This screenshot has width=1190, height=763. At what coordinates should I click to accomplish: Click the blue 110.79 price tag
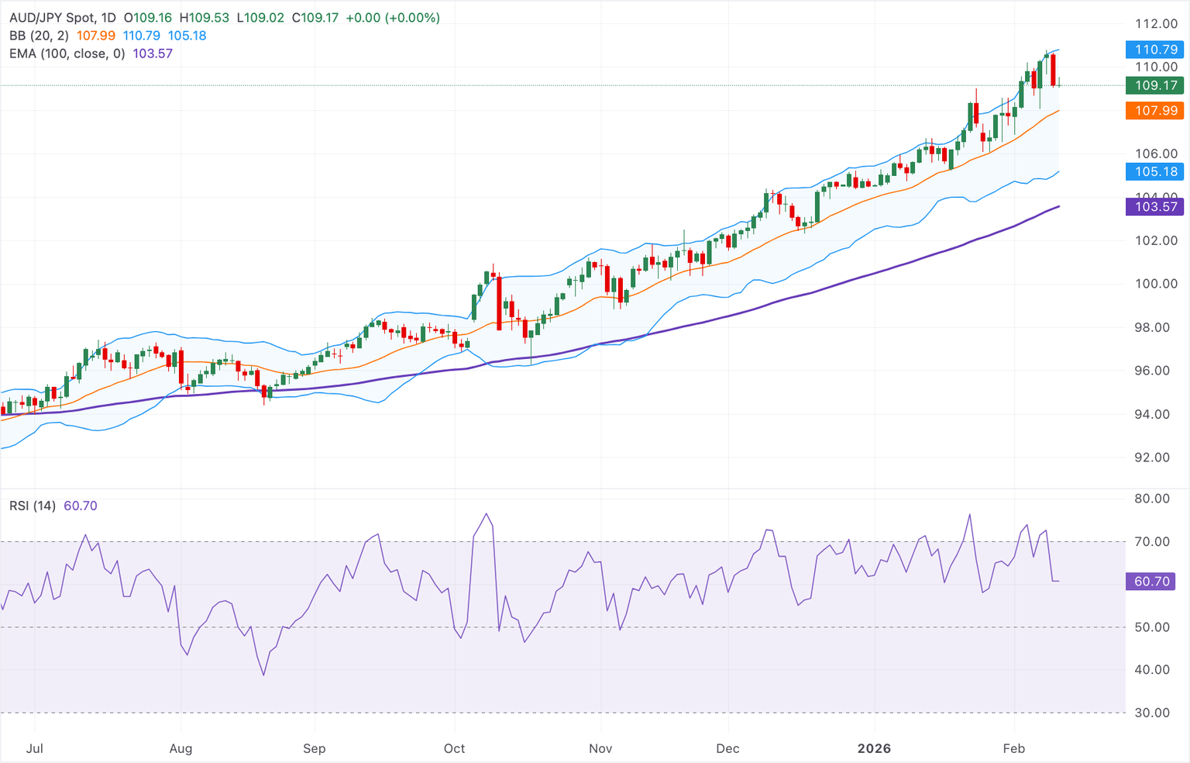click(1154, 50)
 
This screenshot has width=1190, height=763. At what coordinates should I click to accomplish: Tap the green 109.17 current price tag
click(1154, 85)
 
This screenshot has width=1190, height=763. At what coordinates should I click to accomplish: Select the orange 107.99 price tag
click(1154, 110)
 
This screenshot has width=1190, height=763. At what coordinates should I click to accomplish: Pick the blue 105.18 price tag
click(1154, 171)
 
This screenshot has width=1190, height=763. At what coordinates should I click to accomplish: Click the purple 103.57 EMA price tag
click(1154, 206)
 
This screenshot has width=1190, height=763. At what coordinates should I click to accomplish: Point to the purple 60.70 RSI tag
click(1150, 582)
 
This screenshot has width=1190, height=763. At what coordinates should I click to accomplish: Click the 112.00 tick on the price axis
click(1156, 24)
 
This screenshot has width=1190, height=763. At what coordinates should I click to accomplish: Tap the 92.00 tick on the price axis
click(1156, 457)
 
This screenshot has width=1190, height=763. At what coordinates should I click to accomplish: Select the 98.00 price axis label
click(1156, 327)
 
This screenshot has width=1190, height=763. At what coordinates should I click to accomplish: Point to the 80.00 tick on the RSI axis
click(1151, 499)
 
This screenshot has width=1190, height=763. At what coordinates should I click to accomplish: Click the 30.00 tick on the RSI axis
click(1151, 713)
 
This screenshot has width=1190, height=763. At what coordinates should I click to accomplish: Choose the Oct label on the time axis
click(455, 748)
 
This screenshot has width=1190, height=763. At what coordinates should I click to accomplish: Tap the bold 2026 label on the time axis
click(874, 748)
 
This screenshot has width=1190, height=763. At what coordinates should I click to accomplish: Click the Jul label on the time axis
click(34, 748)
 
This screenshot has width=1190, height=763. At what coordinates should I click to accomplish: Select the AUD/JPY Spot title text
click(53, 17)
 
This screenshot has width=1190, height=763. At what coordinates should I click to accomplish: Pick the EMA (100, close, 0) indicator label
click(67, 54)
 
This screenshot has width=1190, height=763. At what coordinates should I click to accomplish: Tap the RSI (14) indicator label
click(33, 506)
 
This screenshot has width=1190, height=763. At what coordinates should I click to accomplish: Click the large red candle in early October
click(499, 302)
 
